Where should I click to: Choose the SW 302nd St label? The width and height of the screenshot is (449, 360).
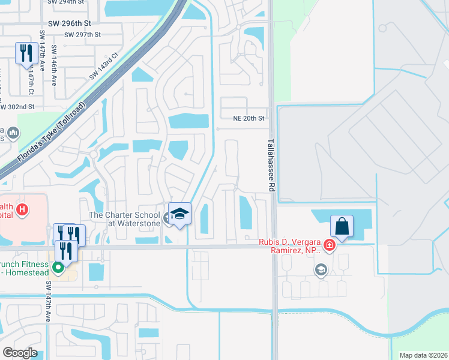coord(17,107)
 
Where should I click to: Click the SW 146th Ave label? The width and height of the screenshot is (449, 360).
coord(54,65)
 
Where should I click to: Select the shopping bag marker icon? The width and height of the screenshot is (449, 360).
coord(342,226)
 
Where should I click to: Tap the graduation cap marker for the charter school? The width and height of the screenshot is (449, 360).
coord(179,214)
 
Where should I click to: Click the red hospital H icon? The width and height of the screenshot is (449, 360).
coord(22,209)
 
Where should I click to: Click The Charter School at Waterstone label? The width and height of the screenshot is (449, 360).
coord(124,219)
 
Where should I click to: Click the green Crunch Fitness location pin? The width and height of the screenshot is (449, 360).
coord(58,268)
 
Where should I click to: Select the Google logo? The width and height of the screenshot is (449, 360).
coord(20,353)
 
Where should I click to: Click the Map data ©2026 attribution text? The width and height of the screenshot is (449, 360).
coord(423,355)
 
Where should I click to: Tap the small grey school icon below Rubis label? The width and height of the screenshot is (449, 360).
coord(320,270)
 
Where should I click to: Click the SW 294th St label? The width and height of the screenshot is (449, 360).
coord(66,2)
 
